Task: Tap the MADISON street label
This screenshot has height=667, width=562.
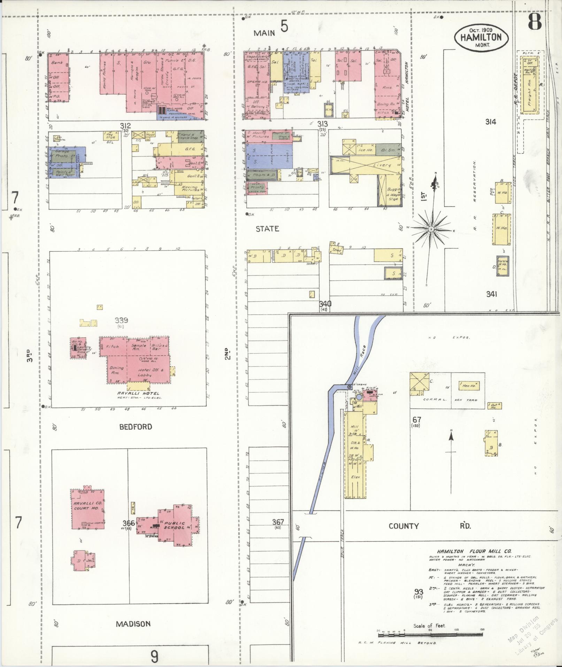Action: tap(133, 624)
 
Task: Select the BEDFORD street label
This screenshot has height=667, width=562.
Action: tap(136, 426)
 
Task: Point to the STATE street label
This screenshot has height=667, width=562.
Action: tap(267, 229)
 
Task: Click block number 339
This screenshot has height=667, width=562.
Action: tap(121, 320)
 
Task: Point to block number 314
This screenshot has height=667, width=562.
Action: tap(491, 122)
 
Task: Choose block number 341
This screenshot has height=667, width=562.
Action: tap(491, 294)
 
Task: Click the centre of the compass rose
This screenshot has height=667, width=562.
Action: tap(431, 229)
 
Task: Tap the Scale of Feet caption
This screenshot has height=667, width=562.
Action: tap(430, 626)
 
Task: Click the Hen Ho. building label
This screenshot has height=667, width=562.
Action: tap(469, 386)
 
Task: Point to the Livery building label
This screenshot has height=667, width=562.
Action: tap(382, 165)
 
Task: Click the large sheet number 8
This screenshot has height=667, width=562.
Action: tap(534, 22)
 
